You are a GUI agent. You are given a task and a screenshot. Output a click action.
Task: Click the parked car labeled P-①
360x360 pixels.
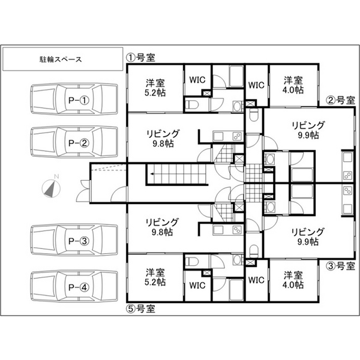74,99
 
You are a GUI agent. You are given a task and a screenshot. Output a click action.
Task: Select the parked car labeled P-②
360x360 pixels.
74,142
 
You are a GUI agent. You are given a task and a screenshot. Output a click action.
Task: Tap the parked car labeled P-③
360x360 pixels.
74,240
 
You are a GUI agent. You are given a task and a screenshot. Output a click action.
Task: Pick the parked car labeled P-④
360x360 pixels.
74,286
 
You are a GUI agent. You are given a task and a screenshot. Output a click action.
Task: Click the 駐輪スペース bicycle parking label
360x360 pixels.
61,59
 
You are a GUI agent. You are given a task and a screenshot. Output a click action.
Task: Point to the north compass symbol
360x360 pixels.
51,188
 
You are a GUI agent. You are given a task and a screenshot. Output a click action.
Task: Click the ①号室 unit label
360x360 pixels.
140,58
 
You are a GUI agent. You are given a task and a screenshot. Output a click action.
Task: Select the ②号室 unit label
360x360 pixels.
340,100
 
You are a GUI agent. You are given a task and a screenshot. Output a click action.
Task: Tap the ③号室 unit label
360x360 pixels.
340,266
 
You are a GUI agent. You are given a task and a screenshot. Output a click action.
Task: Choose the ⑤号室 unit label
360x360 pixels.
140,308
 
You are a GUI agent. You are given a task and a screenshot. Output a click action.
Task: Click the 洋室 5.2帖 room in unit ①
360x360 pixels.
155,88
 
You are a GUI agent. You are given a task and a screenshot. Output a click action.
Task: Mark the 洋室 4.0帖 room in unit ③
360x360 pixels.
293,280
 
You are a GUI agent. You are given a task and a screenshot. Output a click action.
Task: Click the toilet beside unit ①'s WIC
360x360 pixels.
192,105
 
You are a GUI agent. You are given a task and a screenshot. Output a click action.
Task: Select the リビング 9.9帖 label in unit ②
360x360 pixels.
308,130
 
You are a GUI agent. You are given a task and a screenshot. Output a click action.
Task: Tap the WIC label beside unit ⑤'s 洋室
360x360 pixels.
197,286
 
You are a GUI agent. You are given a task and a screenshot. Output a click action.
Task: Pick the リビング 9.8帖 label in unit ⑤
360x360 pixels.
162,227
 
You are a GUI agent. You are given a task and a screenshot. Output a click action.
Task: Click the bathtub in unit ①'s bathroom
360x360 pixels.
236,77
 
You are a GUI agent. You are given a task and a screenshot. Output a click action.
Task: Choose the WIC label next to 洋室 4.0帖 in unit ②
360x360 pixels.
256,85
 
